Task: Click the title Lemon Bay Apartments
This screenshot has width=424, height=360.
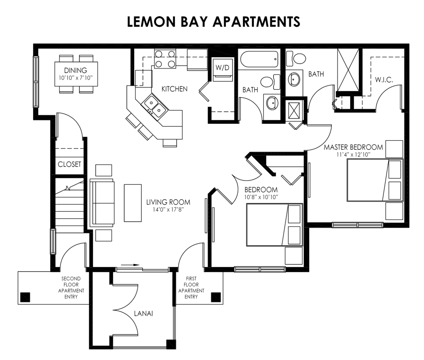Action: (214, 22)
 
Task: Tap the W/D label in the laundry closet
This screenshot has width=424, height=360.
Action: (222, 68)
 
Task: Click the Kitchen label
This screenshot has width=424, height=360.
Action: (174, 89)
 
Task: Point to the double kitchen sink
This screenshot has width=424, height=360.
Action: (155, 105)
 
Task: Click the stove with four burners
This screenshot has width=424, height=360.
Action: (165, 59)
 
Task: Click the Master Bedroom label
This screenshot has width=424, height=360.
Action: (353, 147)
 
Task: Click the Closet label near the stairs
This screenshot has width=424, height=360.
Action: (69, 164)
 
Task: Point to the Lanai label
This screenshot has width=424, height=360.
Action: (143, 313)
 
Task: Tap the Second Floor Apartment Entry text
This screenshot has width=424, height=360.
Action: (71, 288)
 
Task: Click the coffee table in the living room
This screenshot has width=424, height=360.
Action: (132, 202)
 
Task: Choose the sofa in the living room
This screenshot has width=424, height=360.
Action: (102, 203)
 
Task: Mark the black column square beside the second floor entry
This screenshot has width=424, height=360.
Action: (26, 297)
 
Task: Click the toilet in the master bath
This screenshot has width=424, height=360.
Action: (299, 59)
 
